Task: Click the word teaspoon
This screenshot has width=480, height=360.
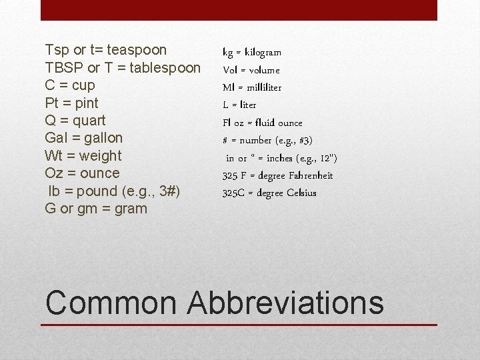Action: pyautogui.click(x=137, y=50)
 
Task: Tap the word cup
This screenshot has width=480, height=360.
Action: pyautogui.click(x=83, y=86)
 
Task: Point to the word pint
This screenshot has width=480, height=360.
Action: pyautogui.click(x=86, y=103)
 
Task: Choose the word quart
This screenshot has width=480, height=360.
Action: pyautogui.click(x=89, y=121)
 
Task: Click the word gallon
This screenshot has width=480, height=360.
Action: pyautogui.click(x=101, y=138)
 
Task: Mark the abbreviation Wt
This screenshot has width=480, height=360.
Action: pyautogui.click(x=53, y=156)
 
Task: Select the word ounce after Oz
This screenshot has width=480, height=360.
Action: pyautogui.click(x=99, y=173)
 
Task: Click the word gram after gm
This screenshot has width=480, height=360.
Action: pyautogui.click(x=129, y=209)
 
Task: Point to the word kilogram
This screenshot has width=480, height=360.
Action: pyautogui.click(x=263, y=53)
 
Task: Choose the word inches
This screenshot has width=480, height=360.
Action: pyautogui.click(x=282, y=158)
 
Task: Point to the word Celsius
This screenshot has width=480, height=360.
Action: pyautogui.click(x=301, y=193)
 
